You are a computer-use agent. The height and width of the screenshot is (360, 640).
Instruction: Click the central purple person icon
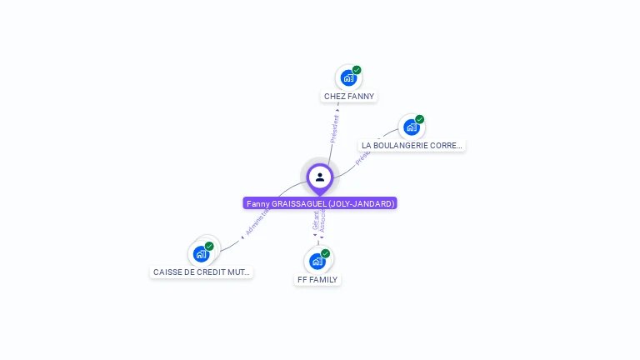coord(320,177)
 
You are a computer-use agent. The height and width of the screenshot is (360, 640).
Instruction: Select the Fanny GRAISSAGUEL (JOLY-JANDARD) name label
coord(320,203)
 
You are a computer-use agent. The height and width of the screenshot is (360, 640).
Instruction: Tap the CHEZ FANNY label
coord(349,96)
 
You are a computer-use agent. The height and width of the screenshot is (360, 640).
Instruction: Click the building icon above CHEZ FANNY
coord(348,77)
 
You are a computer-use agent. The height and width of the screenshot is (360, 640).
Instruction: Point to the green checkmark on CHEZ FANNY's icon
coord(357,70)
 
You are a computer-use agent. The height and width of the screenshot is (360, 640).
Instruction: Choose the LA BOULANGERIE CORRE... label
coord(412,145)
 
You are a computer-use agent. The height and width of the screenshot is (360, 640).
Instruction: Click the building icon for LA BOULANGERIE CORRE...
coord(411,127)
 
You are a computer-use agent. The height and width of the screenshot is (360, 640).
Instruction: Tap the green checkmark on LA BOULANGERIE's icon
coord(420,119)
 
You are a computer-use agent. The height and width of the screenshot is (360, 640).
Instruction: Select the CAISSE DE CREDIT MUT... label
coord(201,272)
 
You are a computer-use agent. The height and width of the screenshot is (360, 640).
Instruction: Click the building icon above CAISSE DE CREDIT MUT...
coord(201,253)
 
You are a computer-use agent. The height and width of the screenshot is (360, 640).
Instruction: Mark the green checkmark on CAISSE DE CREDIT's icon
coord(209,246)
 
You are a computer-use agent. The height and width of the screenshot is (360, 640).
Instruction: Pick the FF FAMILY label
coord(317,279)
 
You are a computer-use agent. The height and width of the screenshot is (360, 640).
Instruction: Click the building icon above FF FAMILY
coord(317,261)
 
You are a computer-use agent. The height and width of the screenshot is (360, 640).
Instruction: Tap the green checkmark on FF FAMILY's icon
coord(325,253)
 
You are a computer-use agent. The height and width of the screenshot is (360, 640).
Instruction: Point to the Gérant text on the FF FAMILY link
coord(316,221)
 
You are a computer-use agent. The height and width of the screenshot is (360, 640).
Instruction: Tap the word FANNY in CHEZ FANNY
coord(362,96)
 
